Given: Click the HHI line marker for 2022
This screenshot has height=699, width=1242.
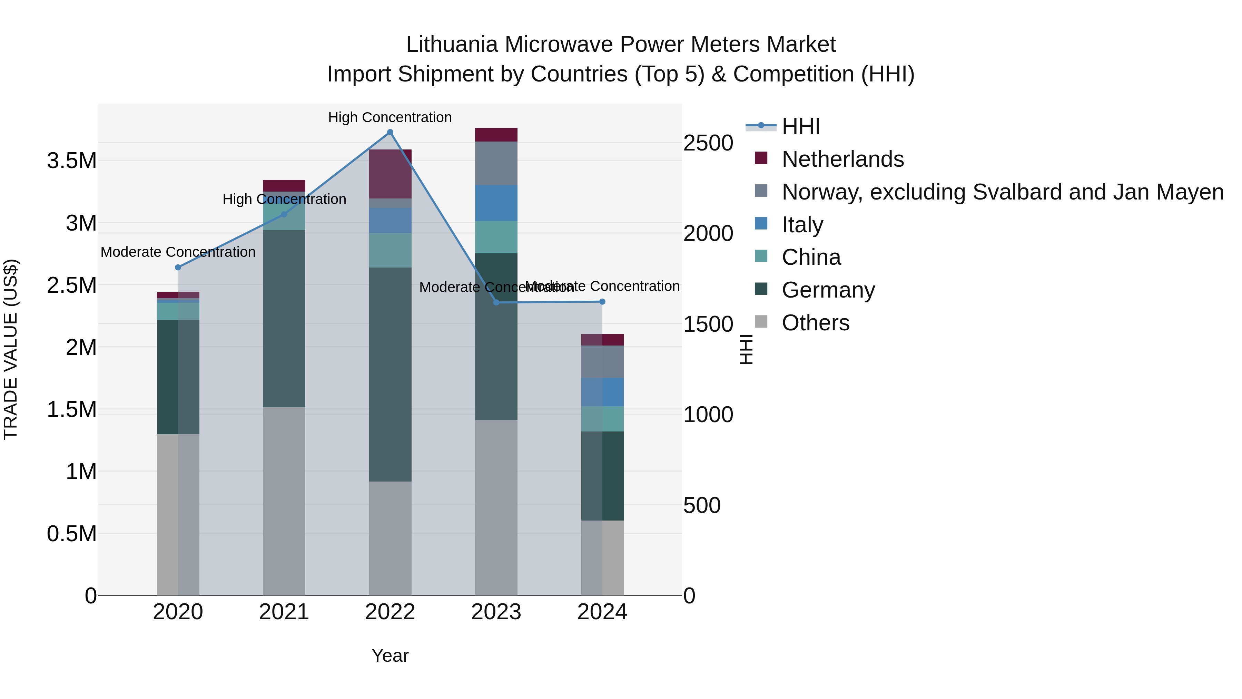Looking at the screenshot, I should pos(390,132).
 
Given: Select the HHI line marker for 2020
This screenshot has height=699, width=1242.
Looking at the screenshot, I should pos(178,267).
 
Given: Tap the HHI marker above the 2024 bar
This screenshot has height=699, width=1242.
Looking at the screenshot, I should pos(602,301).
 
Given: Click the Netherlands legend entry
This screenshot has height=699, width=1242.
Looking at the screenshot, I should pos(842,159).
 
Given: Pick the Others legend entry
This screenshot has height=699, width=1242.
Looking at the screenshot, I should pos(815,323).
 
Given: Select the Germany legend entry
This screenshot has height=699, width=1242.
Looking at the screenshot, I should pos(828,290).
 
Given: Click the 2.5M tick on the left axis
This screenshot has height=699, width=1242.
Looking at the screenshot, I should pos(72,285).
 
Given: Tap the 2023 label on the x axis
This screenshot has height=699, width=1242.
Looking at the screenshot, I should pos(496,612).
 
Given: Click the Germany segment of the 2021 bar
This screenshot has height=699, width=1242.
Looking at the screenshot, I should pos(284,318).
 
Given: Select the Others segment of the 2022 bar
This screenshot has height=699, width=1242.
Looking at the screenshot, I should pos(390,538).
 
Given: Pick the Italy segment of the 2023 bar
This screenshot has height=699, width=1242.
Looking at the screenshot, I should pos(496,203).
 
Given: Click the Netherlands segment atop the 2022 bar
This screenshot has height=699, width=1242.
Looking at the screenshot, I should pos(390,174).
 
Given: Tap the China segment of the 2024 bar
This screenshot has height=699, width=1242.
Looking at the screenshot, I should pos(602,419).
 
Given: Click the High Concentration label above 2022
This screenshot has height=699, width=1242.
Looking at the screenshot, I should pos(390,117).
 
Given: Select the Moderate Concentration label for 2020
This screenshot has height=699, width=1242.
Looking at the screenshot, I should pos(178,252).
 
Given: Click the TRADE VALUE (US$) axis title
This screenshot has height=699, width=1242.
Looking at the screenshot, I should pos(11,349).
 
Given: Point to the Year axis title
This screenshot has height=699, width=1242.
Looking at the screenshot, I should pos(390,656).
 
